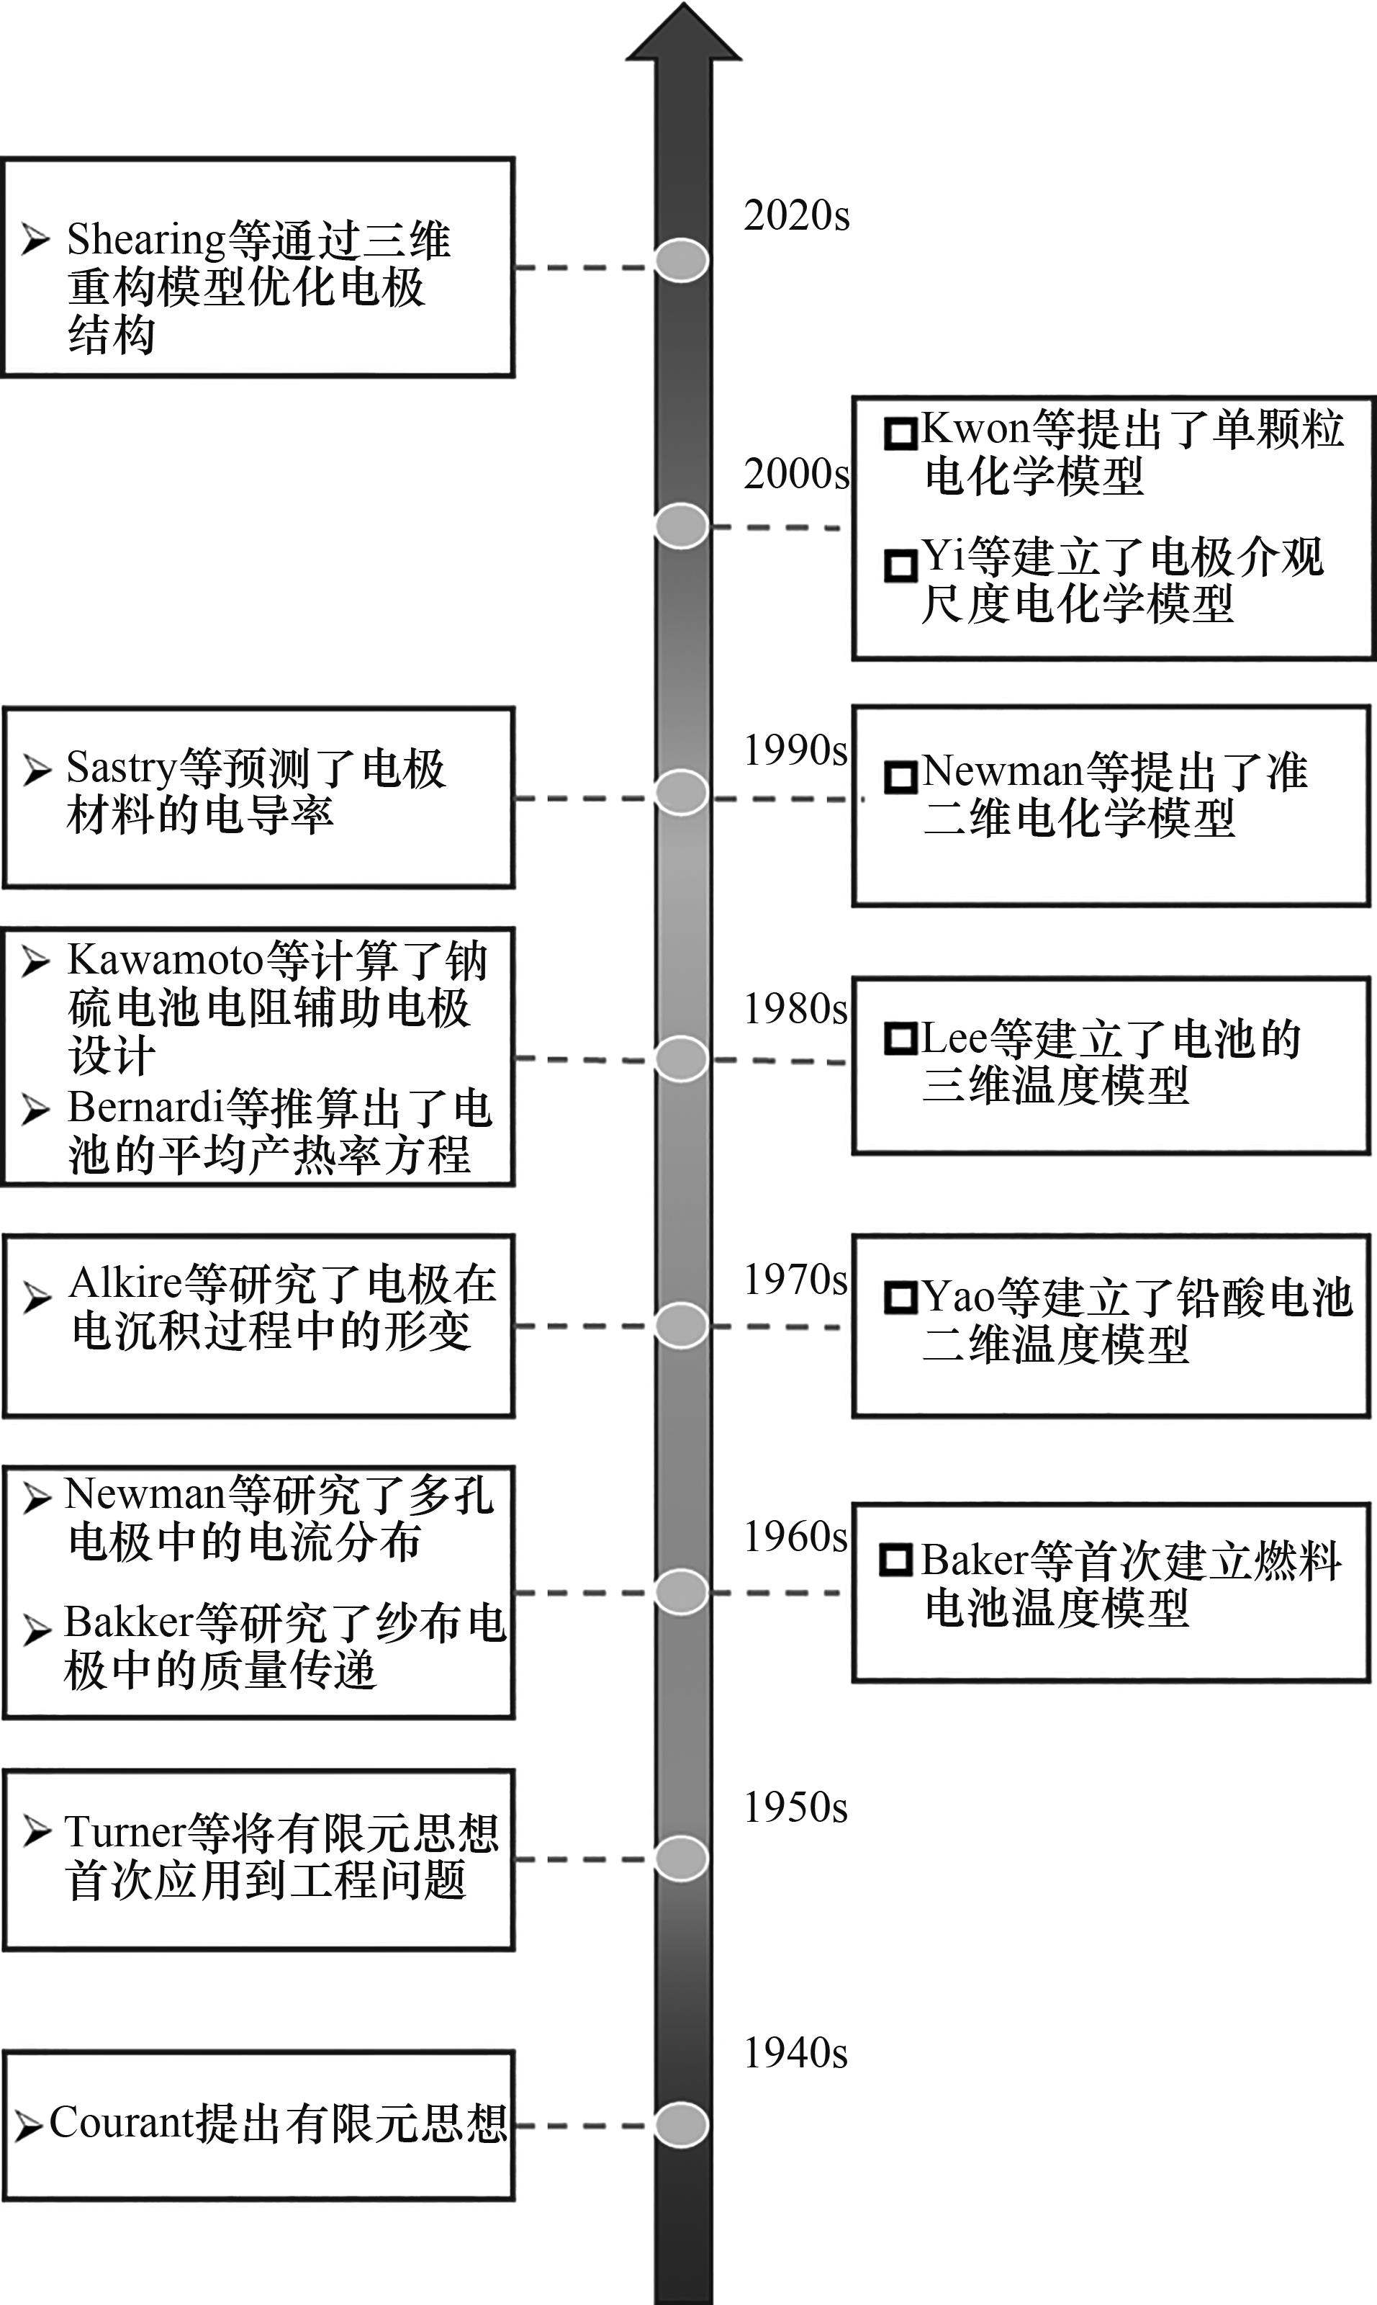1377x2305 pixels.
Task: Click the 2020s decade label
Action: tap(796, 215)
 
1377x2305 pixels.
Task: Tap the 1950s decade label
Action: tap(795, 1807)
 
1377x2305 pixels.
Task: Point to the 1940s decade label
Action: tap(795, 2052)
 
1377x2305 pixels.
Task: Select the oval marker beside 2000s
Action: tap(681, 526)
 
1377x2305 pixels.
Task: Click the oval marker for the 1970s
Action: tap(681, 1326)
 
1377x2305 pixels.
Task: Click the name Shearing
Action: tap(145, 240)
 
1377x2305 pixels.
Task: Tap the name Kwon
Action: tap(975, 429)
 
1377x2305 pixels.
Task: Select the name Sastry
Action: tap(121, 768)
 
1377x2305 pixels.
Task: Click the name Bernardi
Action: tap(145, 1107)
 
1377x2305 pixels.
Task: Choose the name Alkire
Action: tap(125, 1283)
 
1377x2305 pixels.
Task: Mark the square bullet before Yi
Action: tap(900, 565)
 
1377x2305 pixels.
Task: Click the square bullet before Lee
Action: tap(900, 1038)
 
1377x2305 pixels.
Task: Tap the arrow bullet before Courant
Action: tap(28, 2125)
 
